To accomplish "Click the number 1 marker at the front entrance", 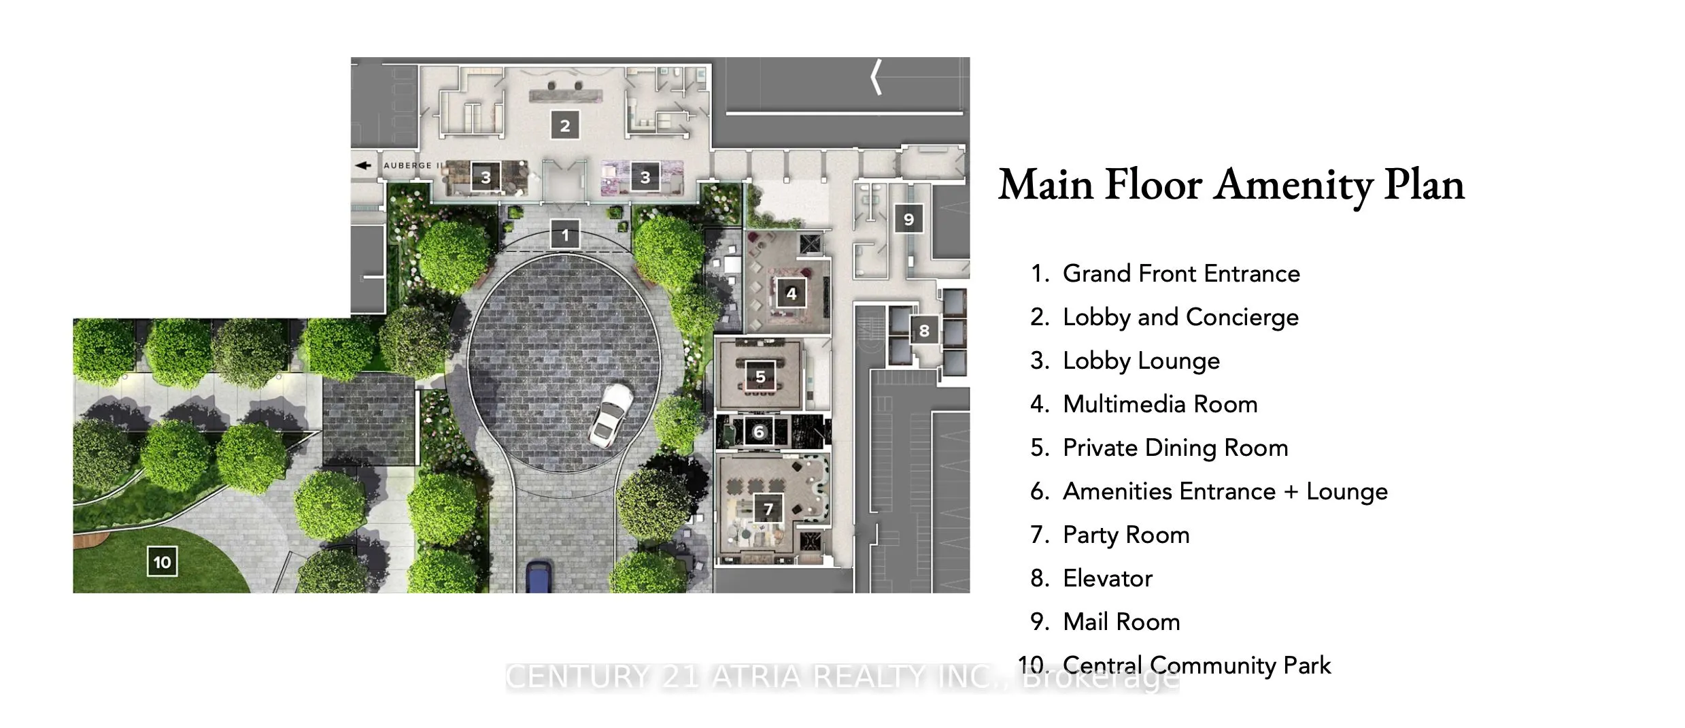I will tap(564, 235).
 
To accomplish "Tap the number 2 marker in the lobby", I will tap(564, 126).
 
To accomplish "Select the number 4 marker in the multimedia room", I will tap(791, 293).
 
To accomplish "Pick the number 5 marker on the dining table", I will tap(760, 376).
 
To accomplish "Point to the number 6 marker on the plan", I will tap(759, 431).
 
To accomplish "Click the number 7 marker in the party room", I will tap(768, 509).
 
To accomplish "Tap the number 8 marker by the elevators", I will tap(923, 331).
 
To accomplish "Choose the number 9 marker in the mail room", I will tap(908, 219).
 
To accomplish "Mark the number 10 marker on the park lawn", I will tap(162, 562).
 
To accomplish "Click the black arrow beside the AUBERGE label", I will tap(364, 165).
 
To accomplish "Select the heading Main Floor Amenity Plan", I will tap(1231, 185).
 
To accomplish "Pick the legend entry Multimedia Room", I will tap(1159, 404).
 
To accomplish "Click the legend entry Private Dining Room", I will tap(1175, 448).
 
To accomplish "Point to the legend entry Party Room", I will tap(1125, 535).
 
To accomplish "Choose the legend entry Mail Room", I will tap(1121, 622).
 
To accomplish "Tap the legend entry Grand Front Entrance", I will tap(1180, 274).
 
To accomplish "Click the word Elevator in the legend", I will tap(1107, 578).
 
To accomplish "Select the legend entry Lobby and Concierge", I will tap(1180, 317).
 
